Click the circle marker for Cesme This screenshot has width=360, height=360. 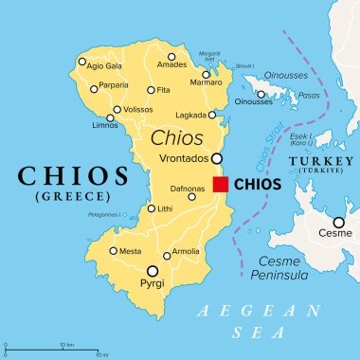(x=338, y=223)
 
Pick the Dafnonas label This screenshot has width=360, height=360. (x=187, y=189)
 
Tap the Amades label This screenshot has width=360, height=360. (x=171, y=65)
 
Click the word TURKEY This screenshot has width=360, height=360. (x=317, y=161)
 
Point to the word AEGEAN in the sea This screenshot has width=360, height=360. (x=229, y=311)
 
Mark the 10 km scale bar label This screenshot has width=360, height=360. (x=66, y=344)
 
